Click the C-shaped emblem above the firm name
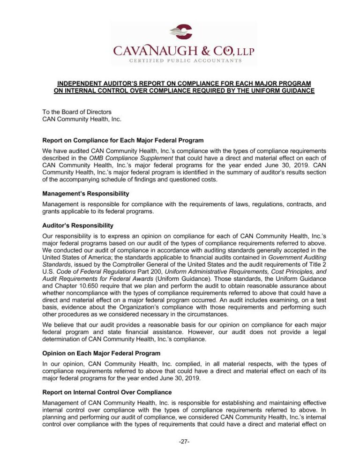pyautogui.click(x=181, y=32)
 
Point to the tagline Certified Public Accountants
pyautogui.click(x=183, y=60)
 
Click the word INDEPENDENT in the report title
pyautogui.click(x=77, y=83)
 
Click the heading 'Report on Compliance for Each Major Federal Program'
pyautogui.click(x=123, y=140)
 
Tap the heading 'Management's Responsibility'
pyautogui.click(x=86, y=193)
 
